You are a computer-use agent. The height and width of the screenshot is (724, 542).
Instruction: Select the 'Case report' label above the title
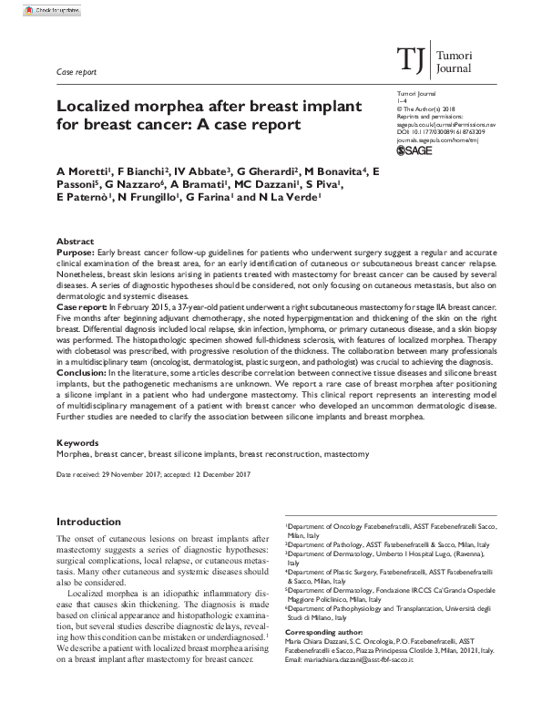tap(74, 70)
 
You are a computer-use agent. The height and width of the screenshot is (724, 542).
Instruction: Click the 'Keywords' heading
tap(78, 442)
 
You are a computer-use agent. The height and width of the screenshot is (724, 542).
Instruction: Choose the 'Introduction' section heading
tap(95, 522)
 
